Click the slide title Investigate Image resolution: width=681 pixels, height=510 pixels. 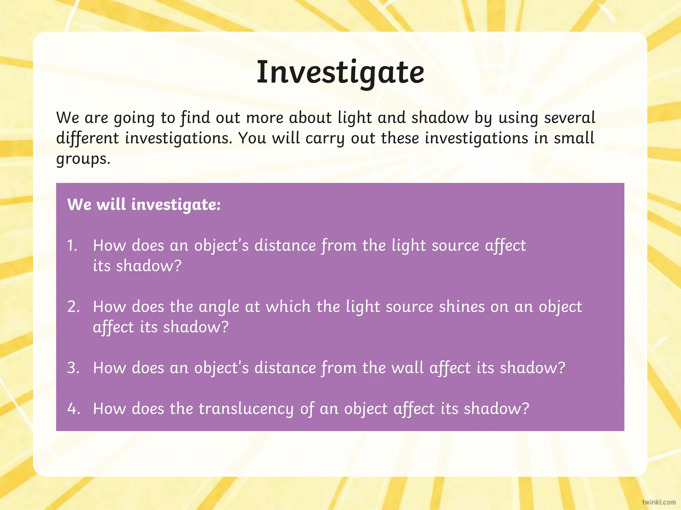coord(340,73)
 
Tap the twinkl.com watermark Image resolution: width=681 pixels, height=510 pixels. coord(659,502)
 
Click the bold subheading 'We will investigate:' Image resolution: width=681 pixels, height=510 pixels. coord(144,205)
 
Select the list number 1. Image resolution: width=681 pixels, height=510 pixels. coord(72,246)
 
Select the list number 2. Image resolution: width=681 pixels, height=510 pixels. coord(73,307)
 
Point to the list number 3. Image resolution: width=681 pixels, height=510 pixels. coord(73,368)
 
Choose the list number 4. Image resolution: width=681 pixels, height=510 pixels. coord(73,409)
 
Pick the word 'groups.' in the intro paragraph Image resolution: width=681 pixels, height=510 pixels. coord(83,159)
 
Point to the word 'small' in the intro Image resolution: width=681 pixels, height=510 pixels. coord(574,138)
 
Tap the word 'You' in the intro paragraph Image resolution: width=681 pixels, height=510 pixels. coord(252,138)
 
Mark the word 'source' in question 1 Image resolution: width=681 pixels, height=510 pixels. coord(455,246)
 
